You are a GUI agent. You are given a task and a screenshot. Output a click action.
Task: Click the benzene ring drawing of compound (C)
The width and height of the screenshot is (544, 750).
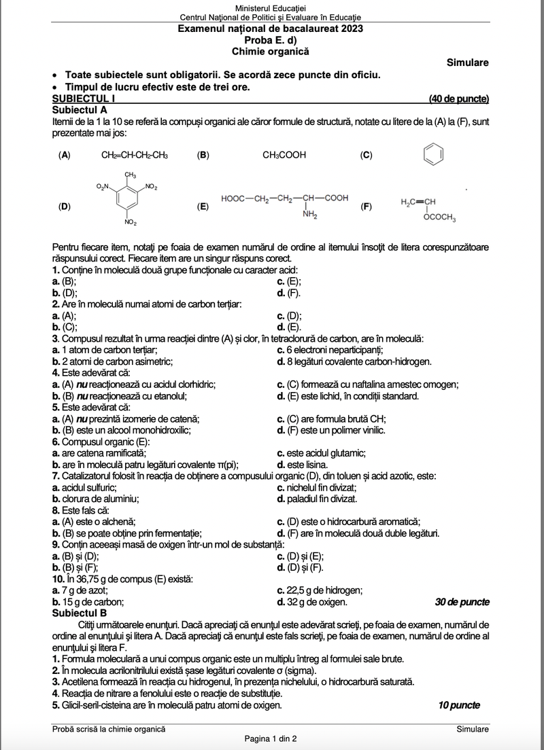click(x=432, y=155)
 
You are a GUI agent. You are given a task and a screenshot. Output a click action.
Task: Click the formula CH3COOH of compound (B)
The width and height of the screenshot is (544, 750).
click(x=284, y=155)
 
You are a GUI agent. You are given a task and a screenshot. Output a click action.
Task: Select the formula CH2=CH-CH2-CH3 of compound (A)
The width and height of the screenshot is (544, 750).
click(x=135, y=155)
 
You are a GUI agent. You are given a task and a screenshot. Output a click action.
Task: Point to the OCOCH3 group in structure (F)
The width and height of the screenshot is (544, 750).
click(x=439, y=218)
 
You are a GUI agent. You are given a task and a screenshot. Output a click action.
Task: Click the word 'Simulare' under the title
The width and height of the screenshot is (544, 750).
click(x=468, y=62)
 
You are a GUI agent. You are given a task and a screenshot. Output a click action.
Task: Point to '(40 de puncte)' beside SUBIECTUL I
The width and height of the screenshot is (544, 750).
click(x=459, y=99)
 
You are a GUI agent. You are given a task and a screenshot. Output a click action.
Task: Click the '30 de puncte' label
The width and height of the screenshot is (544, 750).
click(x=462, y=602)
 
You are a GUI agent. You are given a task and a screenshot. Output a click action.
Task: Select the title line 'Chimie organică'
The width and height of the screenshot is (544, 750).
click(x=270, y=51)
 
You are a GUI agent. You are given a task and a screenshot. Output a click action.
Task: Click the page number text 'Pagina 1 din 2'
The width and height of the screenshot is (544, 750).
click(x=271, y=738)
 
